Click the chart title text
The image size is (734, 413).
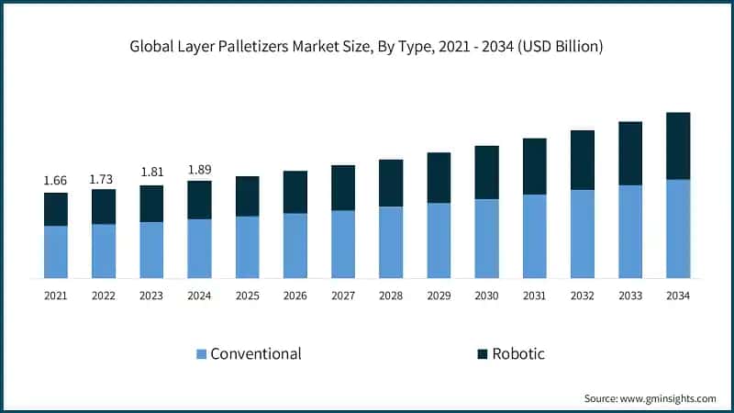[x=367, y=47]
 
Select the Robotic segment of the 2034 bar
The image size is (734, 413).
[x=678, y=146]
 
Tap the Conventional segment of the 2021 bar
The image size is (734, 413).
[x=56, y=251]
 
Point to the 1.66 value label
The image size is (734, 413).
[x=56, y=181]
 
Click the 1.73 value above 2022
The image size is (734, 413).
[x=104, y=178]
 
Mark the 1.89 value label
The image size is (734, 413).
[x=199, y=169]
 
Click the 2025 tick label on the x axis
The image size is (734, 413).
[x=248, y=296]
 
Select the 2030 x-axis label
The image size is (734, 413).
[x=486, y=296]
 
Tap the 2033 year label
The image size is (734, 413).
[x=630, y=296]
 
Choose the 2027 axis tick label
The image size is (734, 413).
[x=343, y=296]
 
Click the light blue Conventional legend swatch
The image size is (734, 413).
[x=201, y=354]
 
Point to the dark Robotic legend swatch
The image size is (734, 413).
[x=482, y=354]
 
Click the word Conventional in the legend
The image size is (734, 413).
[x=256, y=353]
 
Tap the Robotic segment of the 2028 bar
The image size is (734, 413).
[x=391, y=183]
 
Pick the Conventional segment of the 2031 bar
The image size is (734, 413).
[x=535, y=236]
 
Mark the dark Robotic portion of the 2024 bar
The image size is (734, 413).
[x=199, y=199]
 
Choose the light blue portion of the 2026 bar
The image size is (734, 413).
[x=295, y=245]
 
